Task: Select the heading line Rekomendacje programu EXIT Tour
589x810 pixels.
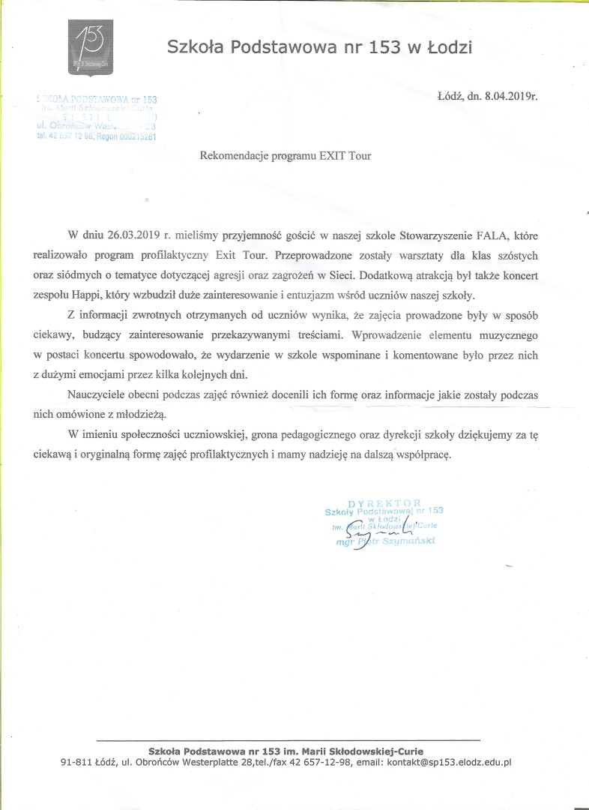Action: click(285, 156)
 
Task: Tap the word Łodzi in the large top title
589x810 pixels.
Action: click(449, 49)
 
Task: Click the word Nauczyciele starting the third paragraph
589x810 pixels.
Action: click(95, 394)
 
